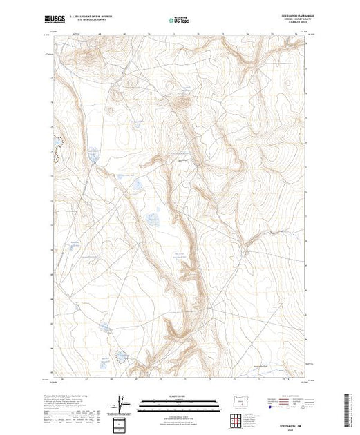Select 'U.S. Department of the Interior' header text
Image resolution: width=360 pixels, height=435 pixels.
[100, 14]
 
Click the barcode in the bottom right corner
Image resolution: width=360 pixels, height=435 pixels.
[351, 404]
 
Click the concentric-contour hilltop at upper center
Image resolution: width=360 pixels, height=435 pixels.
[182, 102]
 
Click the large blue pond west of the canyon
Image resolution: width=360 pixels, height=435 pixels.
[152, 220]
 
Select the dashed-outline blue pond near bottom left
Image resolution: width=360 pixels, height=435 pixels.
[121, 356]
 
